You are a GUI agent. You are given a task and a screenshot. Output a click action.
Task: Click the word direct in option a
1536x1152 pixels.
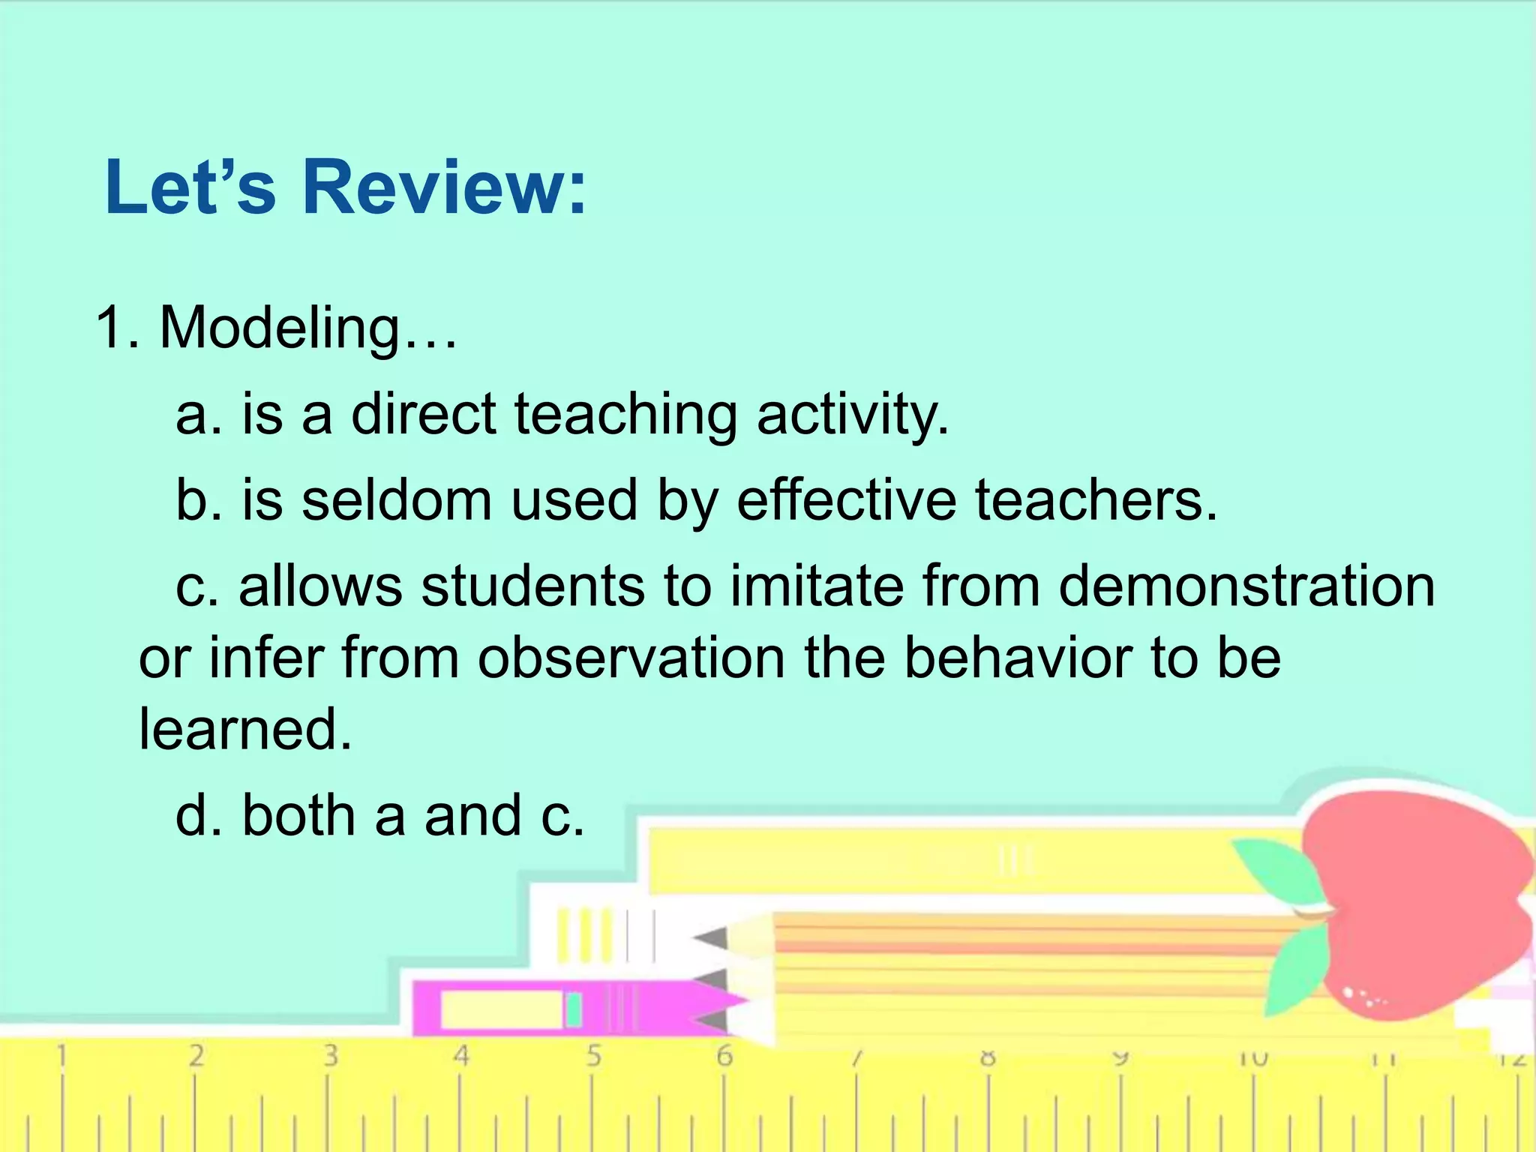[423, 414]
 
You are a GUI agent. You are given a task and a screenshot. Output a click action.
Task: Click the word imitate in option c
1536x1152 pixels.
[817, 586]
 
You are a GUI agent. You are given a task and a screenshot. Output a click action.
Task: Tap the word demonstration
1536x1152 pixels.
[1246, 586]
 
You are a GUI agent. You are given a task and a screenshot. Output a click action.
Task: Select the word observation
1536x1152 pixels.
[631, 658]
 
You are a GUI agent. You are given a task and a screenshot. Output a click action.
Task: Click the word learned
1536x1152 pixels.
[244, 729]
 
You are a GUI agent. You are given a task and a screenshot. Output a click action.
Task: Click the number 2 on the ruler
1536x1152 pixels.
[196, 1056]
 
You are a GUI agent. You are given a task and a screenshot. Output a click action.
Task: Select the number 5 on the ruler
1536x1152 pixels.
[593, 1056]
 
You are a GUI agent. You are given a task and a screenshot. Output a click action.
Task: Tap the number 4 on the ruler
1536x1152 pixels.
[461, 1056]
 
